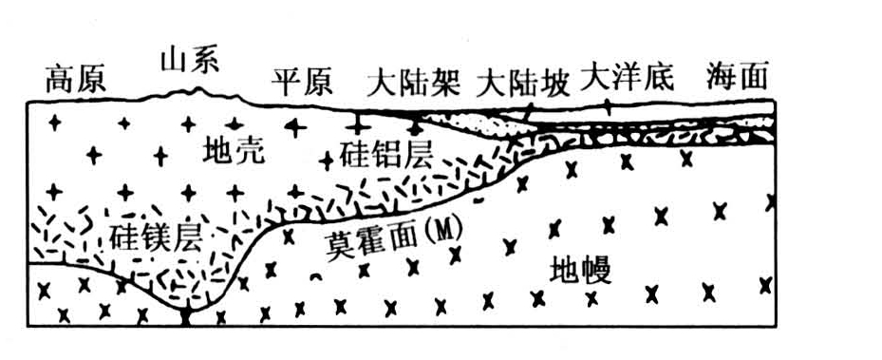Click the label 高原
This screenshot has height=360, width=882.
pyautogui.click(x=76, y=81)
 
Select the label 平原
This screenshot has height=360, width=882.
pyautogui.click(x=302, y=83)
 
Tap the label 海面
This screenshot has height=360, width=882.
pyautogui.click(x=737, y=77)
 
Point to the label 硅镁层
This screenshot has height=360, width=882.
pyautogui.click(x=157, y=235)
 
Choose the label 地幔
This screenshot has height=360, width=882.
pyautogui.click(x=580, y=274)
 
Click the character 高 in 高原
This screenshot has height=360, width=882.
pyautogui.click(x=60, y=81)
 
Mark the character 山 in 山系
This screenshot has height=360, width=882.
pyautogui.click(x=175, y=62)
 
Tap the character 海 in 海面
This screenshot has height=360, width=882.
pyautogui.click(x=722, y=77)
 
